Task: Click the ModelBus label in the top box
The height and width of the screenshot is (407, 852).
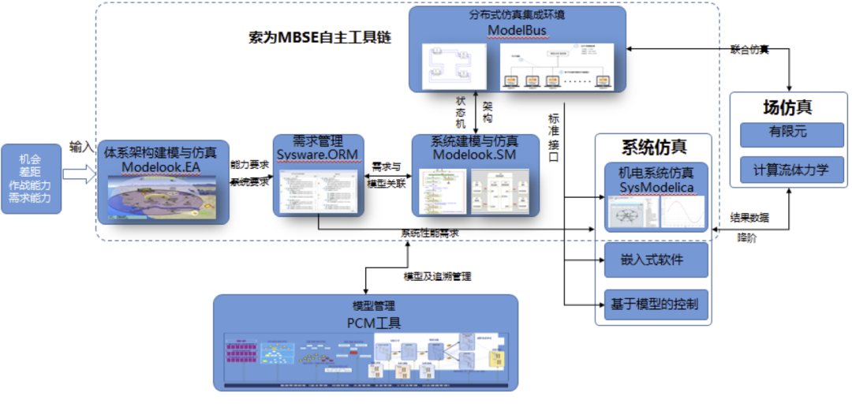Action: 517,31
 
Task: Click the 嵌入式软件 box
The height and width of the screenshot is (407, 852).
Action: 655,260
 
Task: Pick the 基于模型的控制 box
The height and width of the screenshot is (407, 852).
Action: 655,304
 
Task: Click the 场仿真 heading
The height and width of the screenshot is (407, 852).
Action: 787,107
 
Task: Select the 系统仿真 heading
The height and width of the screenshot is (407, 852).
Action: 654,147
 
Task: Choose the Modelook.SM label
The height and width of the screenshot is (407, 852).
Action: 475,155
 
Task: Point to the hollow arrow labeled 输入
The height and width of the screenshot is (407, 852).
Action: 79,174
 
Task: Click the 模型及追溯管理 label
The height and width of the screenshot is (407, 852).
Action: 438,276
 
